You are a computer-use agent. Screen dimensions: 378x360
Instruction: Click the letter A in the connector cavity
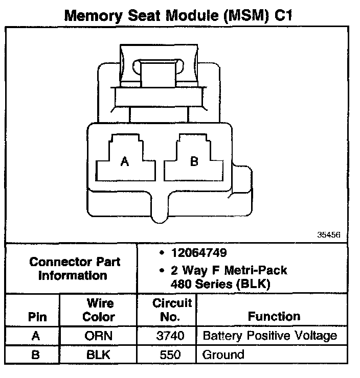pyautogui.click(x=124, y=162)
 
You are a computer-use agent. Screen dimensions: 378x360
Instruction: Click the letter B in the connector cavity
pyautogui.click(x=194, y=162)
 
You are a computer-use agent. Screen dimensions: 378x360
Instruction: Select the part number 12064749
pyautogui.click(x=200, y=253)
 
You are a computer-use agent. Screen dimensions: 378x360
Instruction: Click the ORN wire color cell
pyautogui.click(x=98, y=336)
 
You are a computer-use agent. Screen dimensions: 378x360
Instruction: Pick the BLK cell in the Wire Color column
pyautogui.click(x=98, y=355)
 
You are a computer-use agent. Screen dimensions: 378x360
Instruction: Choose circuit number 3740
pyautogui.click(x=167, y=336)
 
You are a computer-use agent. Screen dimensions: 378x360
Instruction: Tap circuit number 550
pyautogui.click(x=167, y=355)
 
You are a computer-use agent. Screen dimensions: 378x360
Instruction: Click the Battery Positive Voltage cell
pyautogui.click(x=270, y=336)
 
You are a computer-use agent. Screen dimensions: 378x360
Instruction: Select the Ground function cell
pyautogui.click(x=223, y=355)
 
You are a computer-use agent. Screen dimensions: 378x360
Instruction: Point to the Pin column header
pyautogui.click(x=35, y=317)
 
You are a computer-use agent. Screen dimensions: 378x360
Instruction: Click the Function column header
pyautogui.click(x=274, y=317)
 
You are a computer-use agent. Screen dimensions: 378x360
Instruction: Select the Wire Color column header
pyautogui.click(x=98, y=310)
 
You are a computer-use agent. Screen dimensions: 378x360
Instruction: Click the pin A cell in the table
pyautogui.click(x=35, y=336)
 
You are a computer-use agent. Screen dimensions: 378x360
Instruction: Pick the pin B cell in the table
pyautogui.click(x=35, y=355)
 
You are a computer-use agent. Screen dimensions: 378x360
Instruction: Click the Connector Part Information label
pyautogui.click(x=75, y=269)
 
